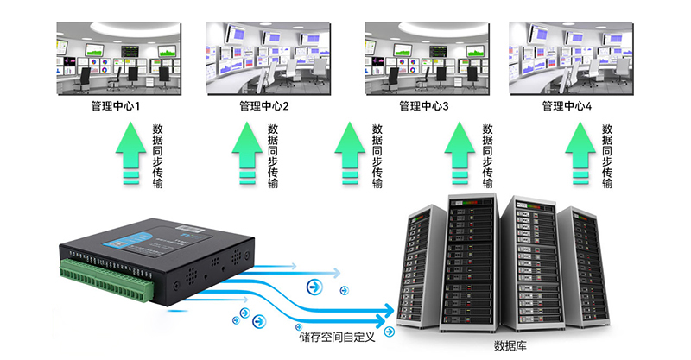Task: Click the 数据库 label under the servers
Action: [510, 347]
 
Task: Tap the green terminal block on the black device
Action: [104, 276]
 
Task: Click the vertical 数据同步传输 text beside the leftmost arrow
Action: [157, 155]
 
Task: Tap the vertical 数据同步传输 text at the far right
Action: [607, 155]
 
